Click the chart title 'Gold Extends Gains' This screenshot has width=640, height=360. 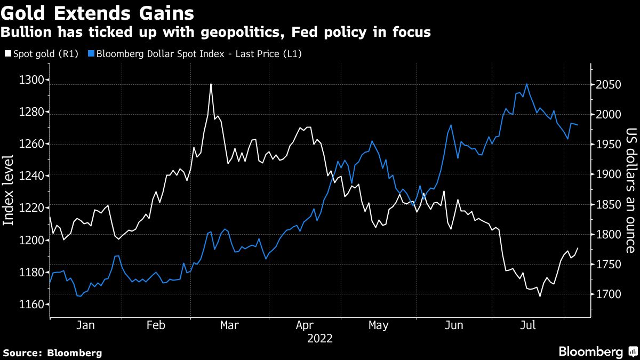[x=97, y=11]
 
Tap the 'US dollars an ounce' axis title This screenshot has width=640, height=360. [x=631, y=189]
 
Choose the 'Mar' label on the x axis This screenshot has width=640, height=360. [x=229, y=325]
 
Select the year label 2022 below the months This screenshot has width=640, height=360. [x=320, y=339]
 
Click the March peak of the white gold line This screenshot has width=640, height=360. [x=211, y=84]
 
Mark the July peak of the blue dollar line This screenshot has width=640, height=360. [x=527, y=84]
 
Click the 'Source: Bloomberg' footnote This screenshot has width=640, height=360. [x=52, y=353]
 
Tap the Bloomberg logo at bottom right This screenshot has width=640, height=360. [x=597, y=351]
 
